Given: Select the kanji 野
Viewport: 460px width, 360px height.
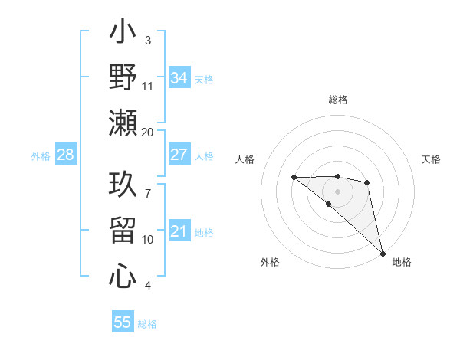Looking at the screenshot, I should (123, 77).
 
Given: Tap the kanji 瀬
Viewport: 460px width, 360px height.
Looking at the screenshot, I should (123, 123).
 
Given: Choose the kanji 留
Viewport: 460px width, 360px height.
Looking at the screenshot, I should (123, 230).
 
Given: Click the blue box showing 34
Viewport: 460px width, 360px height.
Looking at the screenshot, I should (179, 78).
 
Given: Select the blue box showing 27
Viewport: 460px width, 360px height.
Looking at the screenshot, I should (179, 155).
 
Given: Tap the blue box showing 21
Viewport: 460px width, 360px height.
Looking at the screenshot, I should (179, 231).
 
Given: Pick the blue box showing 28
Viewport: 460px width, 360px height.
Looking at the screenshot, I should (65, 155).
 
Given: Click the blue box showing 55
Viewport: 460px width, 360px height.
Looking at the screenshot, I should (123, 322).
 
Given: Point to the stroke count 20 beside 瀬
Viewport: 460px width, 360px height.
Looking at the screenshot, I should (148, 132).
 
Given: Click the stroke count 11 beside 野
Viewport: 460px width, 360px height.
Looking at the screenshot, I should (148, 86).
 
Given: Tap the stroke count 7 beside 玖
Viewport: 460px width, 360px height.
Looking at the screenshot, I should (148, 185).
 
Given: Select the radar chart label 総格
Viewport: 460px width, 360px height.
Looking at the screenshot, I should (338, 100).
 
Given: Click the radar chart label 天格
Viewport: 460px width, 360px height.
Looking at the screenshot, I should (432, 159).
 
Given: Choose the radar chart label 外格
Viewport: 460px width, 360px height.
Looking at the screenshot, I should (269, 262).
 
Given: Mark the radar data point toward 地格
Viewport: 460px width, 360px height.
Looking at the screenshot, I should (383, 253).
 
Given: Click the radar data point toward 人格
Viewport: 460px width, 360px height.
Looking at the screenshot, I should (294, 178).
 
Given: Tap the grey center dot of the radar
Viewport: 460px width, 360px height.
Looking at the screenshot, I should (337, 191).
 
